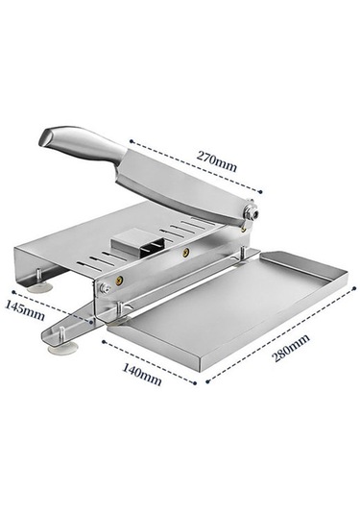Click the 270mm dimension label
[217, 161]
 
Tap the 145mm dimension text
[25, 310]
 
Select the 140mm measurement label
[142, 375]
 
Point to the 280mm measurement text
[292, 348]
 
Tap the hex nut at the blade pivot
[252, 210]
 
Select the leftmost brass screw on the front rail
[118, 280]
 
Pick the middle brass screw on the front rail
[186, 253]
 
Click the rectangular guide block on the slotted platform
[137, 246]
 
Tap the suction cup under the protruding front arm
[63, 348]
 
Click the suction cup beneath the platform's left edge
[39, 287]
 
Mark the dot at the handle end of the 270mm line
[131, 141]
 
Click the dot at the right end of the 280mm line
[354, 288]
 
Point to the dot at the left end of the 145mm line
[13, 291]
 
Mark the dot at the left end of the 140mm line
[104, 342]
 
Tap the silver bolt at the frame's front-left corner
[105, 288]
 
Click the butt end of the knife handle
[45, 138]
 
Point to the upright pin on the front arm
[60, 334]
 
